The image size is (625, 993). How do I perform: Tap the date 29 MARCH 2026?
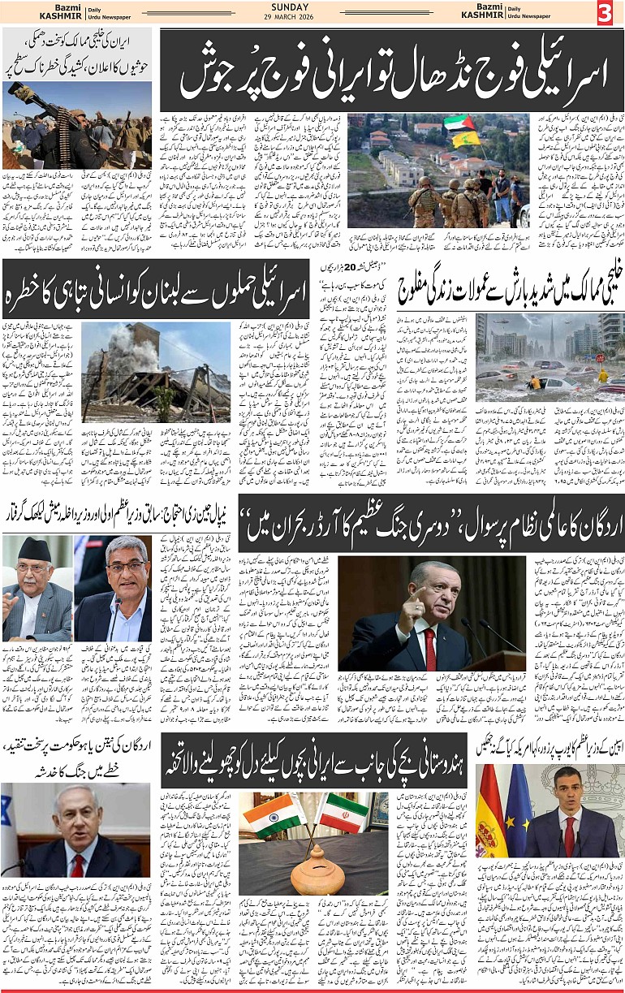312,19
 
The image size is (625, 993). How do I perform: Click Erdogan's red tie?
429,648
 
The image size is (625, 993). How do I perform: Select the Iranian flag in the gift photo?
342,813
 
